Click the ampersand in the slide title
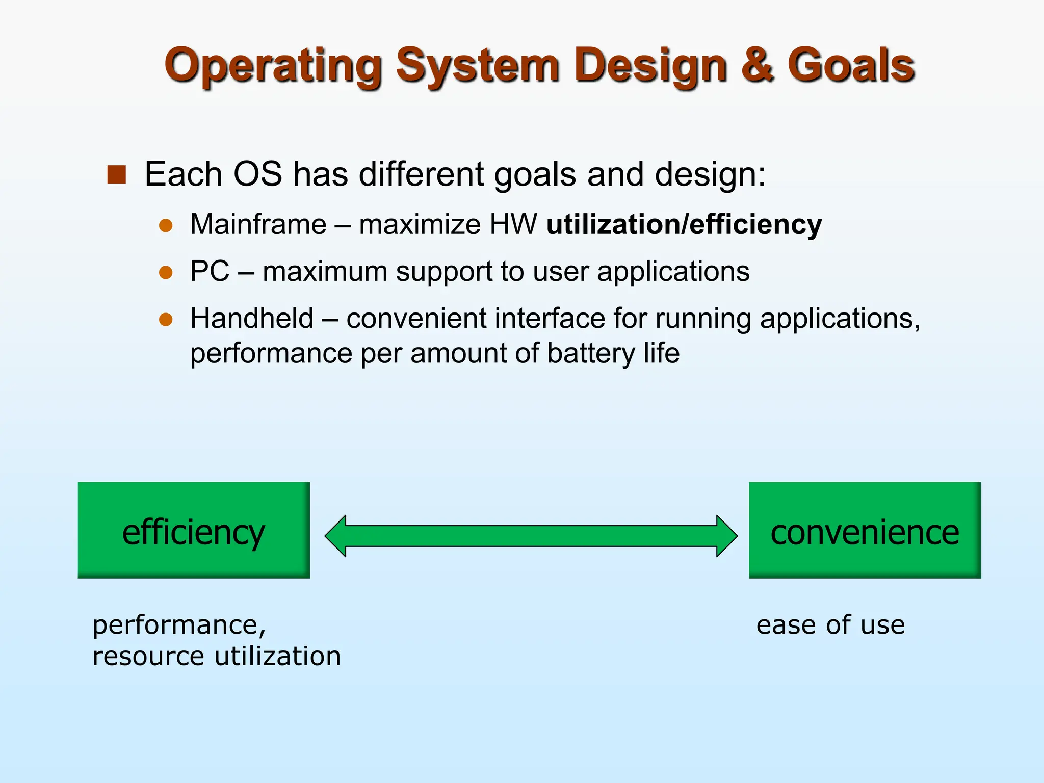758,65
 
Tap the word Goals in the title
851,65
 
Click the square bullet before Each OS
117,174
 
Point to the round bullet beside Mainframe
166,225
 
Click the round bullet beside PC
166,272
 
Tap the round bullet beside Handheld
166,319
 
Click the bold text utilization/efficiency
684,224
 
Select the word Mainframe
258,224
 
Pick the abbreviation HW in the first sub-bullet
513,224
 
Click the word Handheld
251,319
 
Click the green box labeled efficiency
194,530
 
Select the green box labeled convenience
865,530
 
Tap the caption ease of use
830,625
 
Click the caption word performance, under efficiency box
179,625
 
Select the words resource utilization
216,656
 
